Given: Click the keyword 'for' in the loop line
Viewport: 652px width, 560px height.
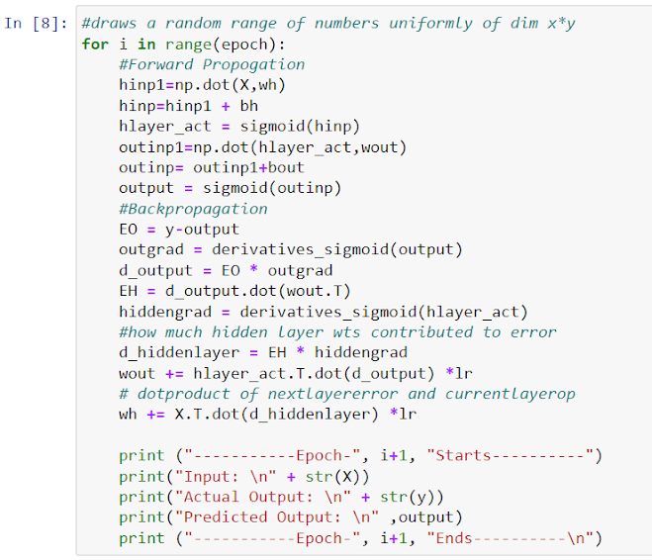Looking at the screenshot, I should pyautogui.click(x=95, y=44).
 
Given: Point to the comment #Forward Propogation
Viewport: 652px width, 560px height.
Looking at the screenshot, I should pyautogui.click(x=211, y=64).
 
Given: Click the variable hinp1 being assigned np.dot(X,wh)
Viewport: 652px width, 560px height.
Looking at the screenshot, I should pyautogui.click(x=140, y=85).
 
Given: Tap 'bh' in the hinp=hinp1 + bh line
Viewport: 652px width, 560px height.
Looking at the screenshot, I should pyautogui.click(x=248, y=106).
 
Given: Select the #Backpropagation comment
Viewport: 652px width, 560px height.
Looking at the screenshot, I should pyautogui.click(x=192, y=209).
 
